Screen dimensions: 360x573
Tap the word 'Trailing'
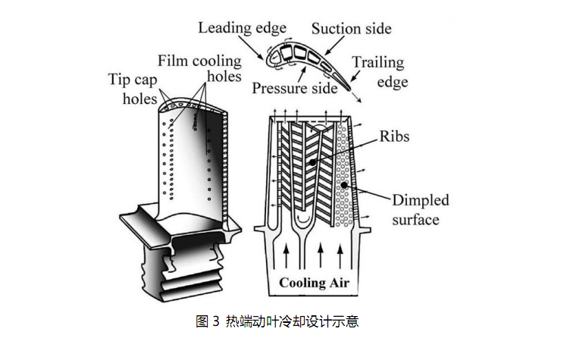tap(377, 63)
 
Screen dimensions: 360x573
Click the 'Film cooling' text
tap(199, 61)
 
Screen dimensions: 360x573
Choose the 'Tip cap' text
tap(135, 79)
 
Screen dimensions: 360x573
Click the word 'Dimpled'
tap(421, 201)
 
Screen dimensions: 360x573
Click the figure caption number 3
tap(216, 321)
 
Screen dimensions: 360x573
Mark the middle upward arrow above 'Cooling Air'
tap(321, 255)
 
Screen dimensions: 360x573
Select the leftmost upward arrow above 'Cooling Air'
tap(286, 255)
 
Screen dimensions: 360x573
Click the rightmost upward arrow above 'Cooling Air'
tap(340, 255)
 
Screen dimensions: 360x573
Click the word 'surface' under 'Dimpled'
tap(415, 220)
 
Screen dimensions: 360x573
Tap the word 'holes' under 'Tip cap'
tap(139, 99)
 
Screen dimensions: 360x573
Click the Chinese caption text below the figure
tap(292, 321)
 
